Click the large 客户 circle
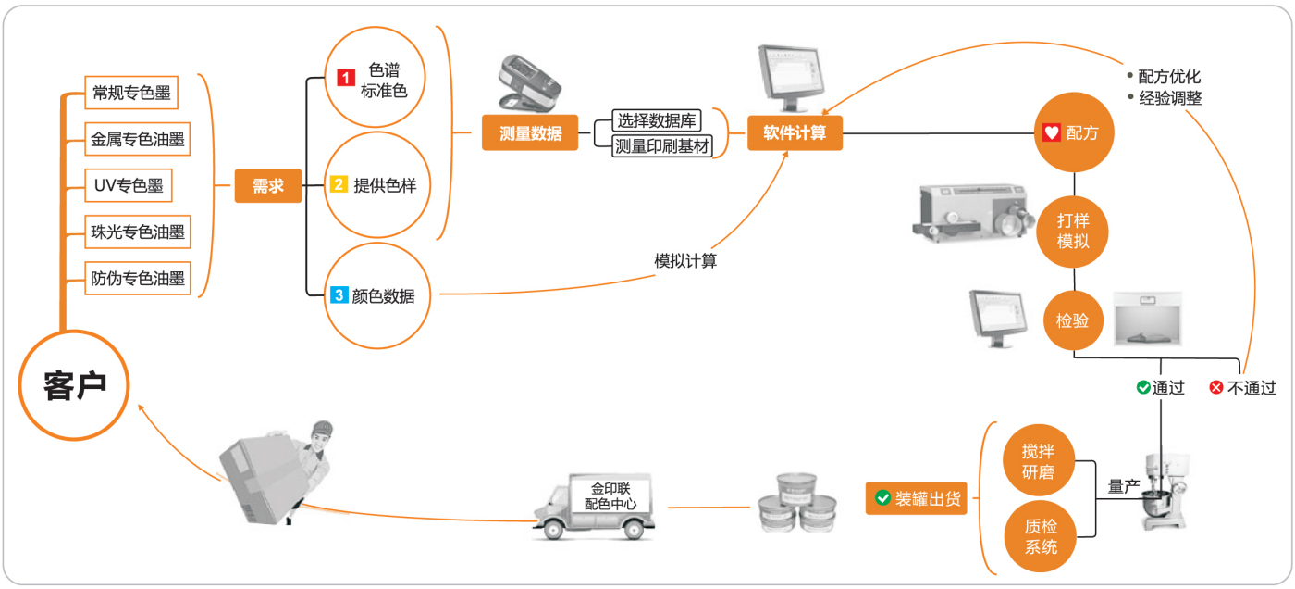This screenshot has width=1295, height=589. (74, 384)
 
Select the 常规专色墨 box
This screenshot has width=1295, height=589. (130, 93)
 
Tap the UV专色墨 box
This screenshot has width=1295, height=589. (128, 185)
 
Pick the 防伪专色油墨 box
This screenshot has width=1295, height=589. (138, 278)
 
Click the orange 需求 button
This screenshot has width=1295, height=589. (267, 186)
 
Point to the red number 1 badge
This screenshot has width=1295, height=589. (345, 79)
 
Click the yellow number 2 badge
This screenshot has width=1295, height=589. (339, 185)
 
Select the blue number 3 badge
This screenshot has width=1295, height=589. (339, 295)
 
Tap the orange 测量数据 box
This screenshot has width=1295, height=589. (530, 132)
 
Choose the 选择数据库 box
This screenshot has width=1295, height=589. (658, 120)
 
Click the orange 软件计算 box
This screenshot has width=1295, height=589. (795, 132)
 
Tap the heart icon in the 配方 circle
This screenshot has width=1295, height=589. (1051, 133)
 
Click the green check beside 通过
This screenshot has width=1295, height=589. (1143, 388)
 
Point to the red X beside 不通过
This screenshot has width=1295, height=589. (1216, 388)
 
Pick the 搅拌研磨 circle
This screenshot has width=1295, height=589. (1038, 462)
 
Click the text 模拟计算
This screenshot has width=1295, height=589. (685, 261)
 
